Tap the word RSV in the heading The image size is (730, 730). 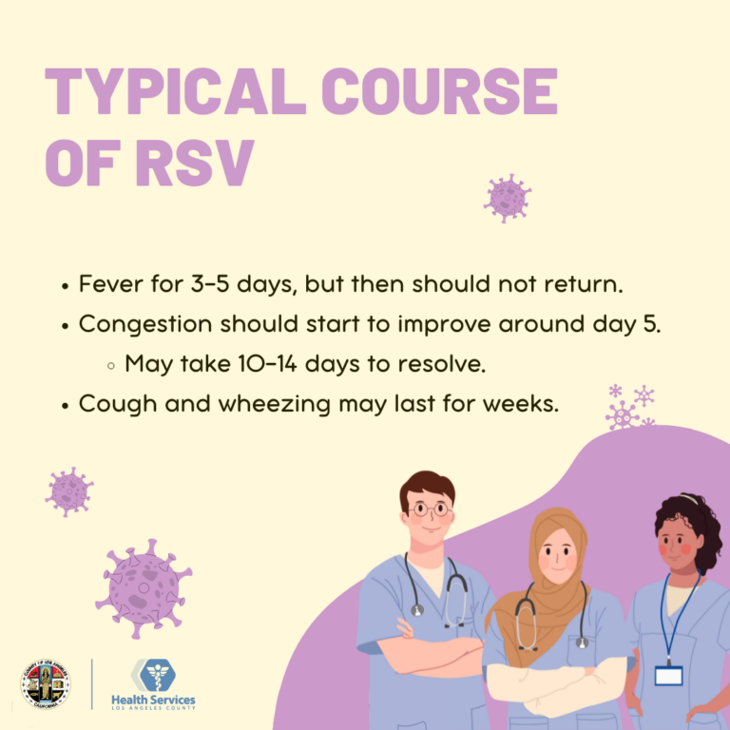[x=194, y=161]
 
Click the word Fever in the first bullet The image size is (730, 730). [x=108, y=284]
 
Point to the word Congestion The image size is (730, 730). [x=145, y=323]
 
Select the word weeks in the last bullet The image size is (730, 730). [x=521, y=403]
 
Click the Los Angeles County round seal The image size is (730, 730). [x=45, y=683]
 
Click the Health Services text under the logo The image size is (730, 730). [x=153, y=700]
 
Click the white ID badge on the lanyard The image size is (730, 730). [x=668, y=675]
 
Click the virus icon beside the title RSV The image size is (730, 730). [x=508, y=198]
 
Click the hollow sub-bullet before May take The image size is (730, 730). [x=112, y=364]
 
